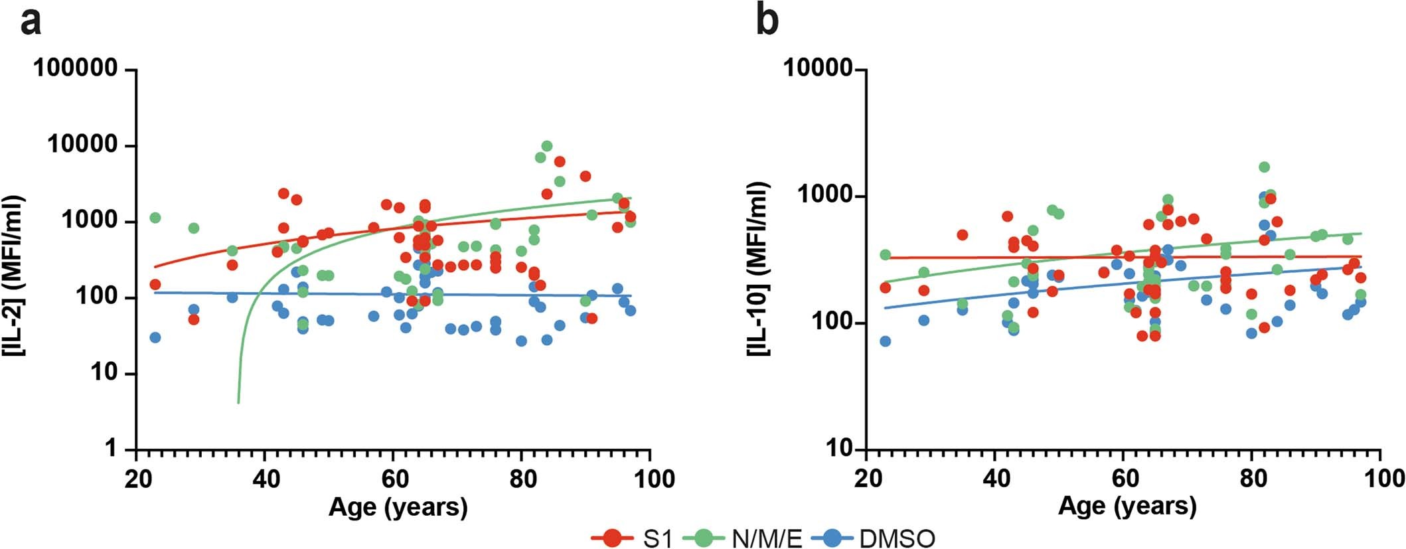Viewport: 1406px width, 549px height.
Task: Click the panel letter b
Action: pos(767,22)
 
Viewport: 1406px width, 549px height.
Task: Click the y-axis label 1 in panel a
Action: pos(110,449)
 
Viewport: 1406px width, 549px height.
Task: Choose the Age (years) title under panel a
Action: pos(398,507)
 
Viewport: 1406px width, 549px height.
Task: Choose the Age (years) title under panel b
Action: pos(1128,507)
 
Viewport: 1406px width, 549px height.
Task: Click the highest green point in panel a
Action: pos(547,146)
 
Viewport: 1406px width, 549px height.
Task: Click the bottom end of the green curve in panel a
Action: pos(238,402)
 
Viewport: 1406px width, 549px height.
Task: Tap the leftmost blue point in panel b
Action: pos(885,341)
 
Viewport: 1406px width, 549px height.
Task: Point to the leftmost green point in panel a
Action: pos(155,218)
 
